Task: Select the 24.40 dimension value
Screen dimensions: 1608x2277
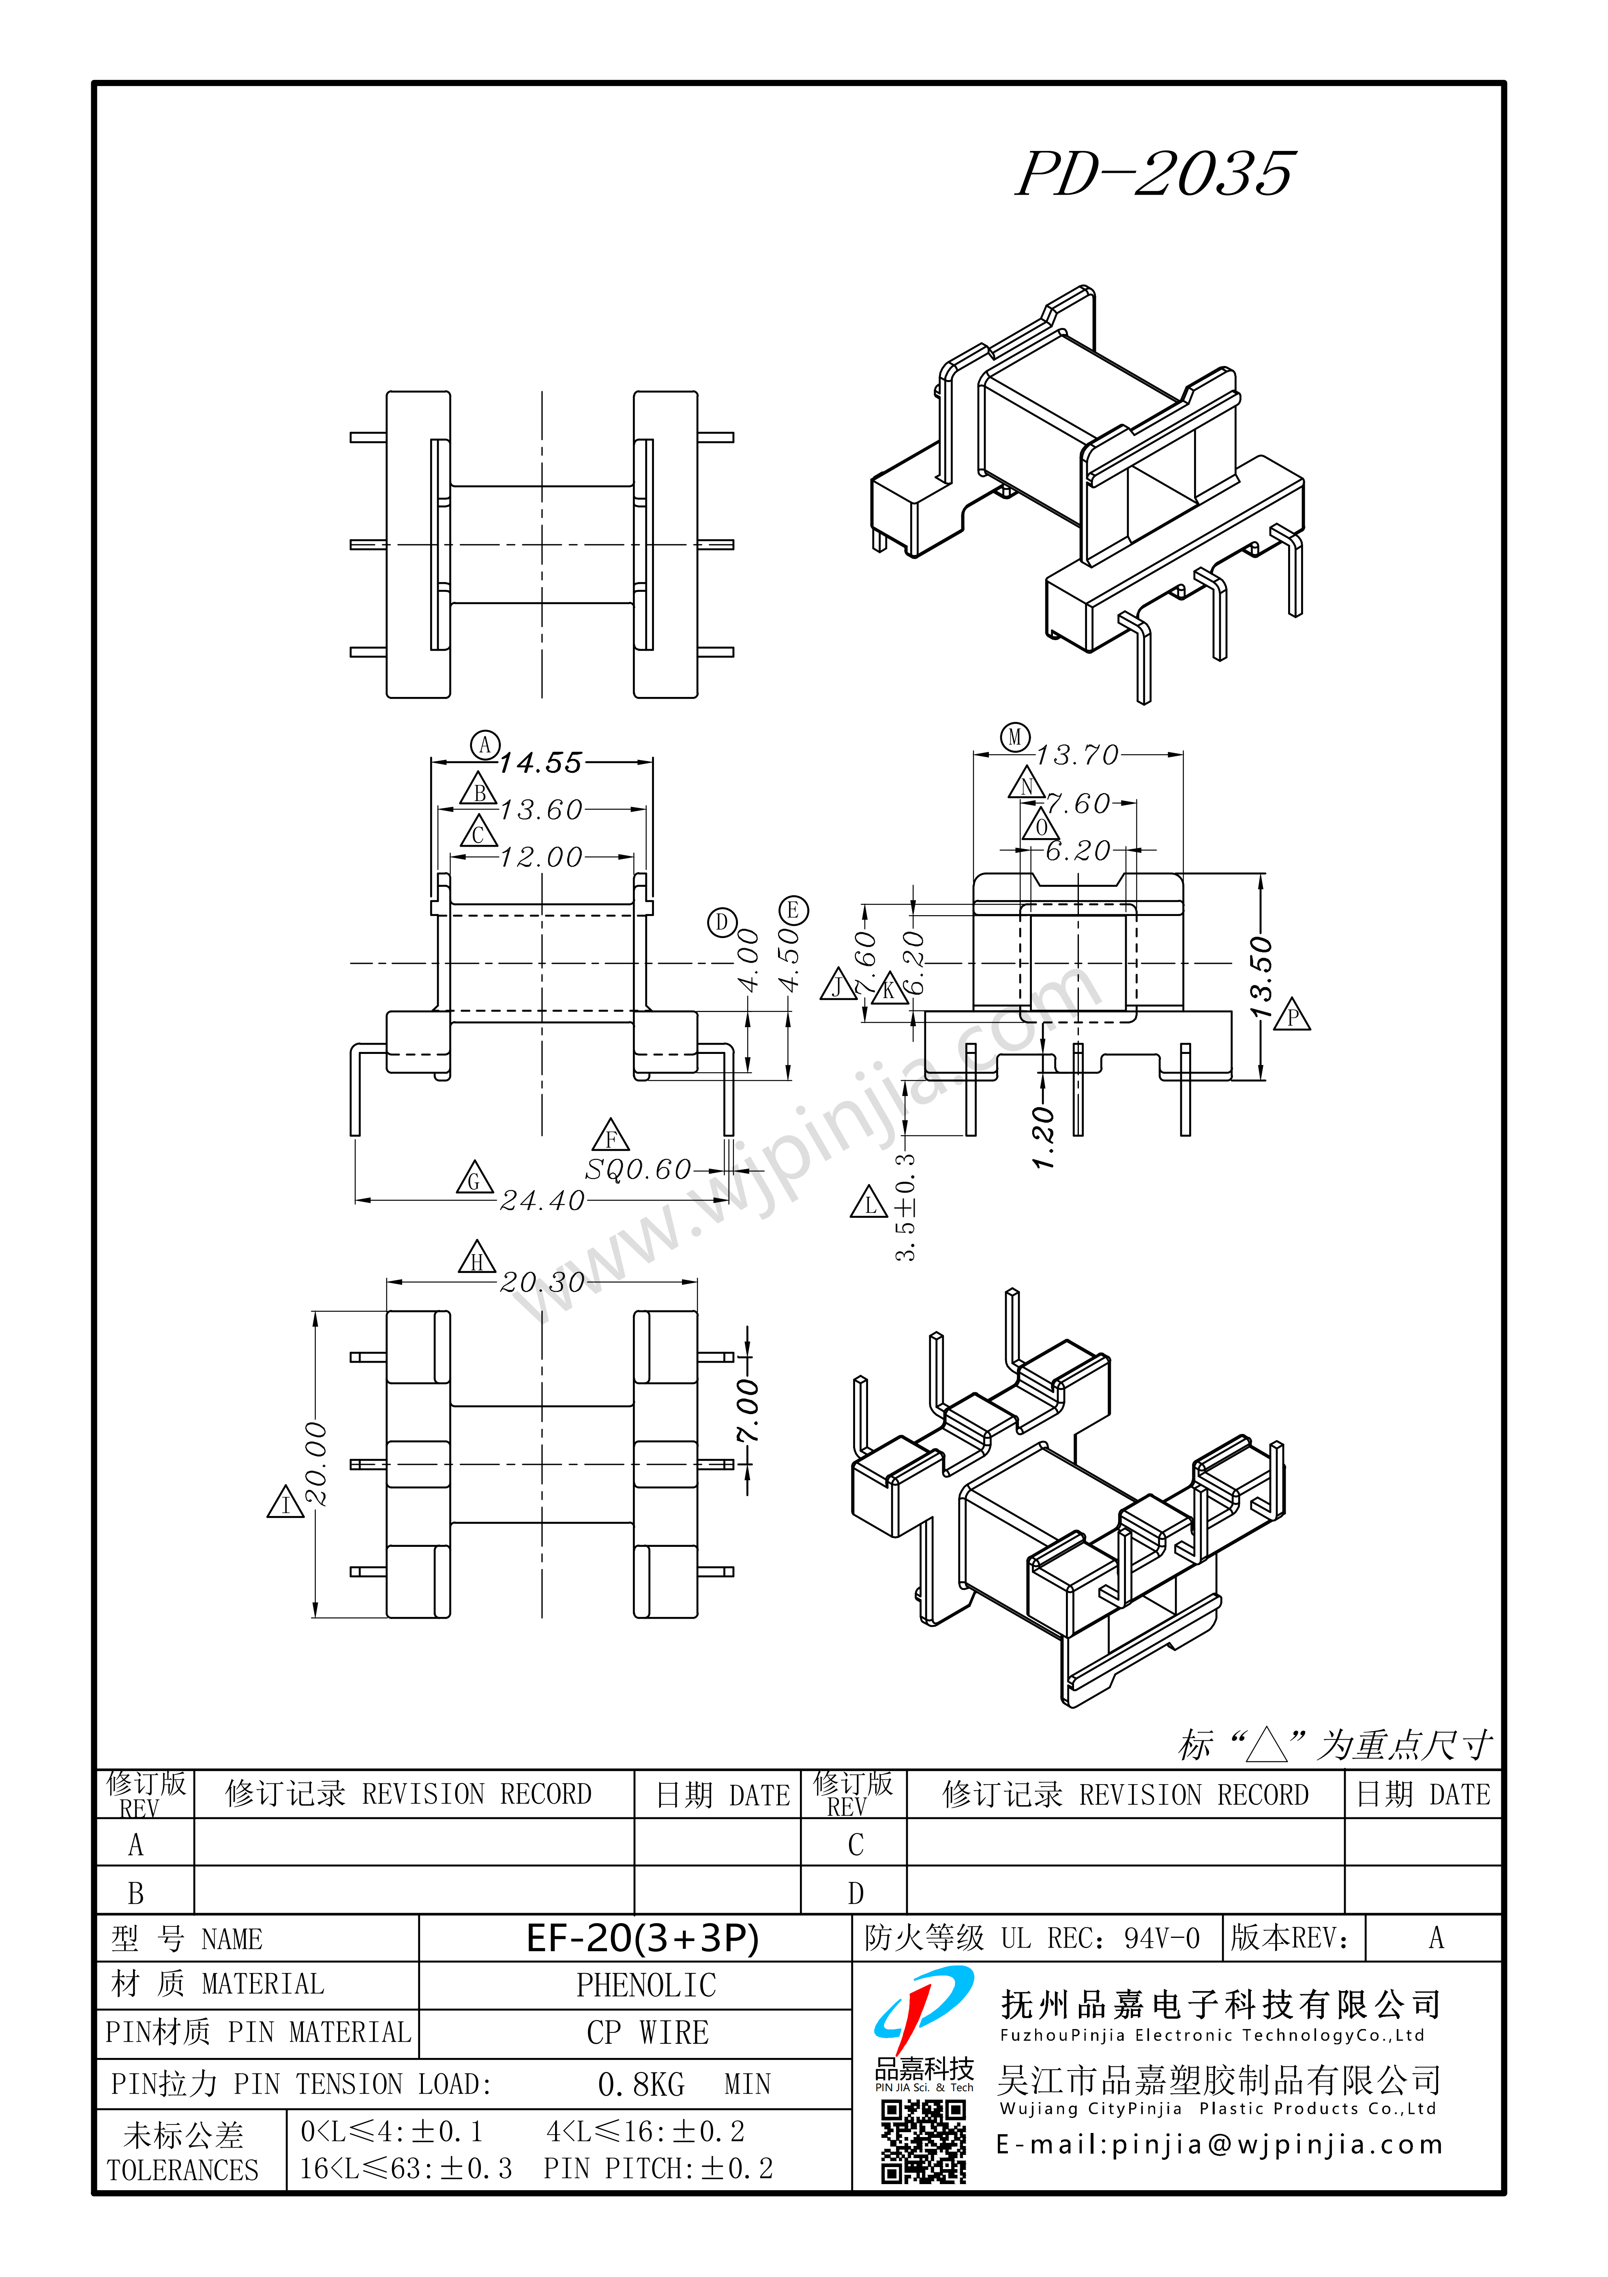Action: tap(542, 1201)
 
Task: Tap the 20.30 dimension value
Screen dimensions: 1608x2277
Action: tap(542, 1282)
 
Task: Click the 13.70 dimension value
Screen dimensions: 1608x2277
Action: tap(1078, 756)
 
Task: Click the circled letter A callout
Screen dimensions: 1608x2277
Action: tap(485, 745)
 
